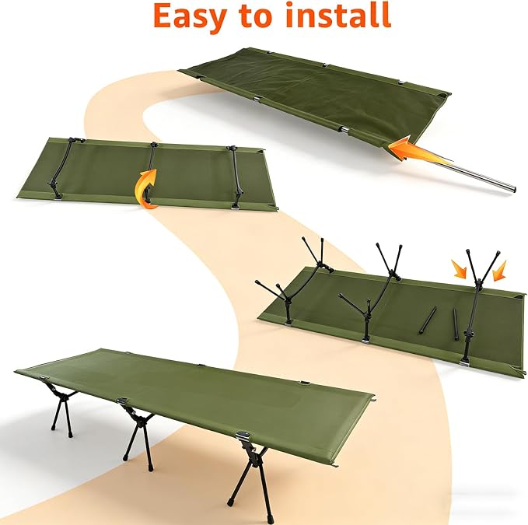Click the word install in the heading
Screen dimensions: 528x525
pos(338,15)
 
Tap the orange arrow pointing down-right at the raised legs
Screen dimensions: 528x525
pos(460,268)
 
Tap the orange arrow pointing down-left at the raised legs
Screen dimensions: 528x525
pos(499,271)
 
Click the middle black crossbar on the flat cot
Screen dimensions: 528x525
pos(151,172)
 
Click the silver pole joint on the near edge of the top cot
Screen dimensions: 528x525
pos(344,129)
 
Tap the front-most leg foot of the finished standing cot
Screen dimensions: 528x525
pos(230,504)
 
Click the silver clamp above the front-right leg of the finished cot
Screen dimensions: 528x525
pos(242,436)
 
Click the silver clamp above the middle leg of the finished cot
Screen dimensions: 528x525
pos(123,401)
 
